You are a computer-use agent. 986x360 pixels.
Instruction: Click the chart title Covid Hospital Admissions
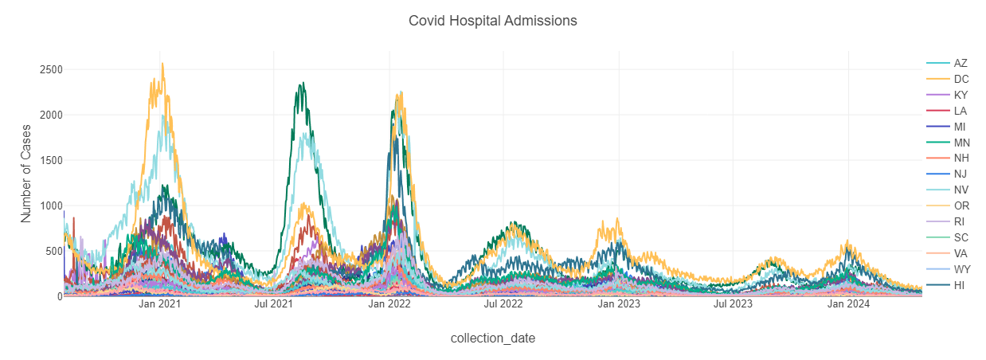[x=492, y=21]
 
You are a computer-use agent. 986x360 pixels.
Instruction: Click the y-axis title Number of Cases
[x=26, y=171]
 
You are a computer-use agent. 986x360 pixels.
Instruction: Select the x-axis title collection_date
[x=492, y=338]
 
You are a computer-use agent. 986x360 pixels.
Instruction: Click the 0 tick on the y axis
[x=56, y=296]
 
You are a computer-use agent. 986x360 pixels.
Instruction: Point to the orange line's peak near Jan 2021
[x=162, y=64]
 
